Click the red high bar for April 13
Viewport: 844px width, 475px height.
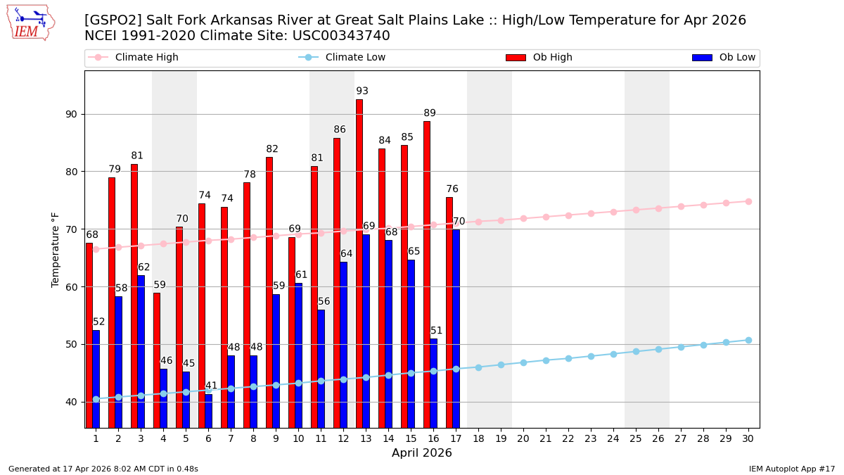[359, 263]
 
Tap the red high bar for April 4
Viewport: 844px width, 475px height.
[157, 360]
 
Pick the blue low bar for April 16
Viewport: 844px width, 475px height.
[433, 383]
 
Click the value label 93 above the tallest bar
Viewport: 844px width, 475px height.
[362, 91]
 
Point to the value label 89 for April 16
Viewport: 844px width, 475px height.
[430, 113]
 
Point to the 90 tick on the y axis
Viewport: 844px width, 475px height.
[71, 114]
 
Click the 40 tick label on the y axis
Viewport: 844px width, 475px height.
[71, 402]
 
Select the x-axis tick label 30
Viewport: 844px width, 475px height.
[748, 438]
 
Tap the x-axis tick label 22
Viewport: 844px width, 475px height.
[568, 438]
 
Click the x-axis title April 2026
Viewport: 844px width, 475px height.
[422, 453]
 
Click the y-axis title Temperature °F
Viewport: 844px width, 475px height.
[56, 249]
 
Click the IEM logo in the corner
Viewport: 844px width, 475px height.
[31, 23]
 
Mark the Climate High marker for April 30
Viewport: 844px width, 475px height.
[748, 201]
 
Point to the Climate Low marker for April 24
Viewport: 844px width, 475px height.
[613, 354]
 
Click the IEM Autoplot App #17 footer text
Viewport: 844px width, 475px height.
[791, 469]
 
